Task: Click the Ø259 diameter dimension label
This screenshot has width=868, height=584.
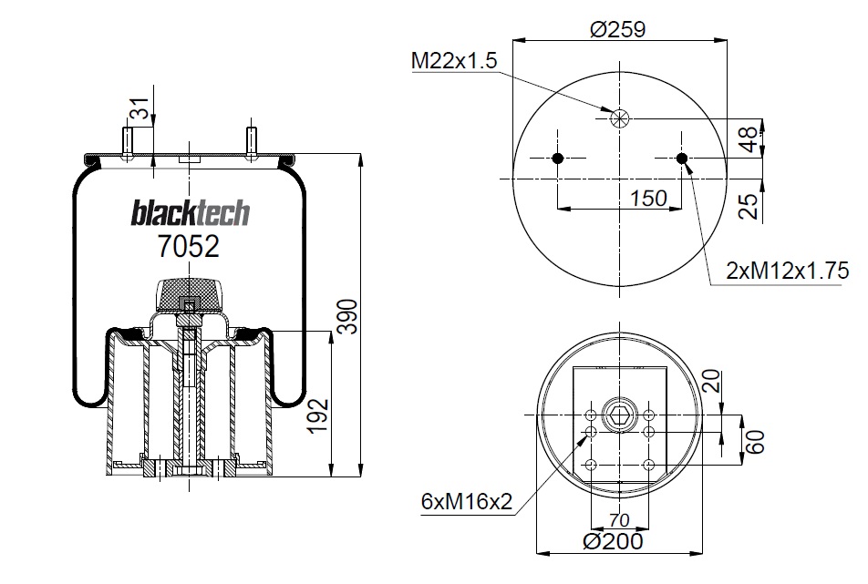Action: pyautogui.click(x=618, y=29)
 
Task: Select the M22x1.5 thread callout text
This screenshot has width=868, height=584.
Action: pyautogui.click(x=454, y=60)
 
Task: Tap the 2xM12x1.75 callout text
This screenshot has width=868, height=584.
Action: pyautogui.click(x=787, y=271)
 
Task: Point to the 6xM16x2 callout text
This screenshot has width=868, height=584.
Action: pyautogui.click(x=467, y=502)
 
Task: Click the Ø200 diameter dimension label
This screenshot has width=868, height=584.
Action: pyautogui.click(x=614, y=541)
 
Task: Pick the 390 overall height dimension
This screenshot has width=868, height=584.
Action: pyautogui.click(x=348, y=316)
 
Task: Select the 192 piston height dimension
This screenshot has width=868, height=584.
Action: pyautogui.click(x=318, y=416)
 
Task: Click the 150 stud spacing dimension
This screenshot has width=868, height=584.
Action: pyautogui.click(x=649, y=198)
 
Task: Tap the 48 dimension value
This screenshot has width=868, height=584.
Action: pyautogui.click(x=749, y=138)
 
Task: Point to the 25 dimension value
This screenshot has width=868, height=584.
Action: pyautogui.click(x=749, y=206)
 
